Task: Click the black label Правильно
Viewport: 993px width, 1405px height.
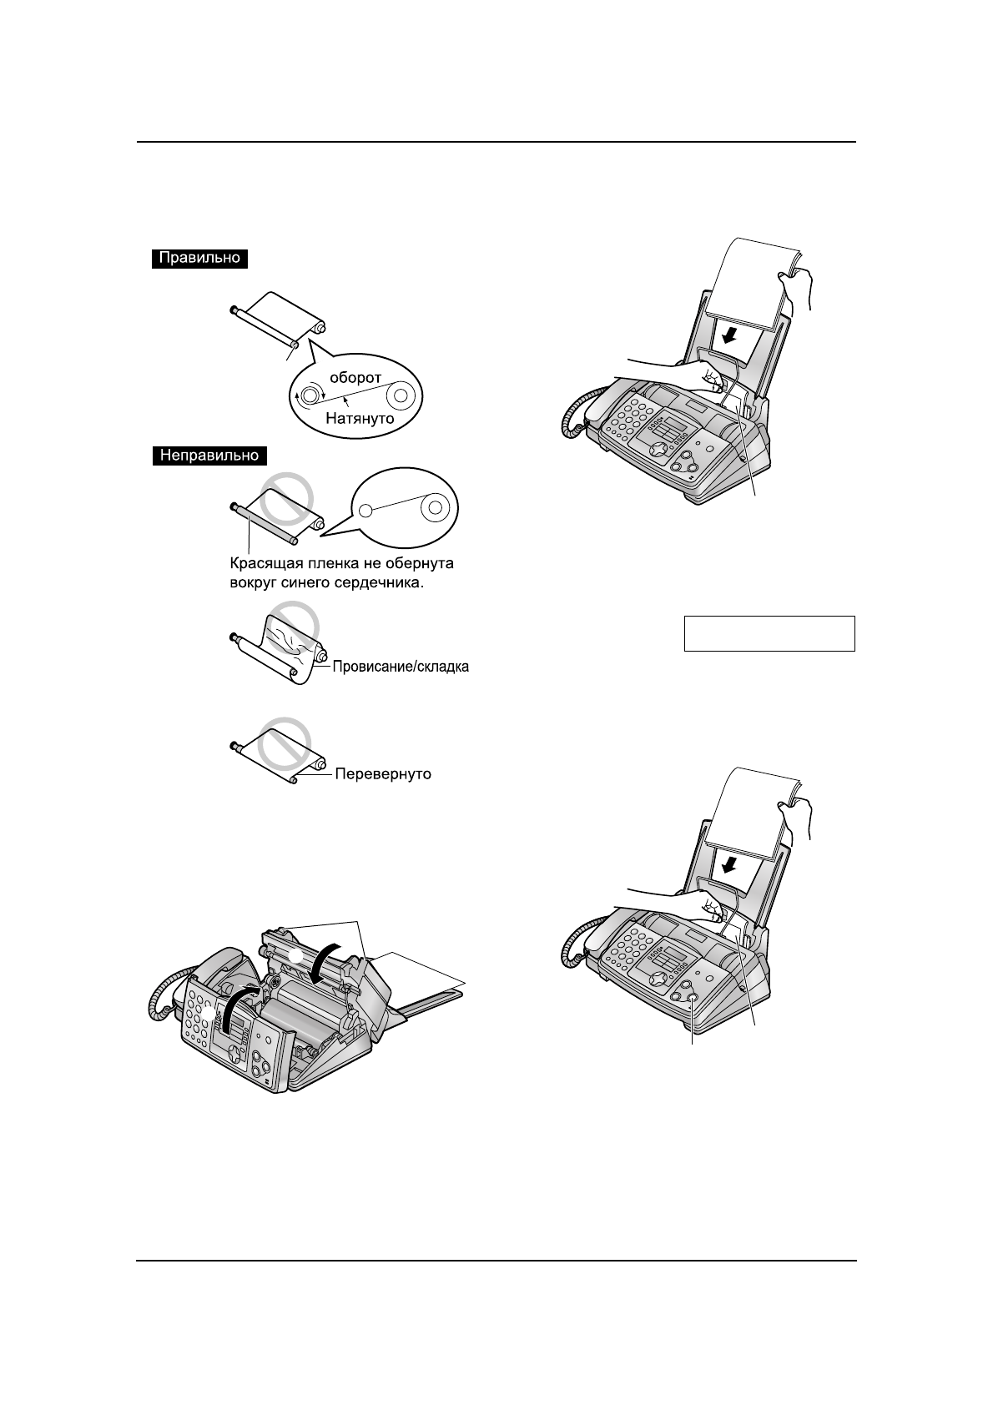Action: (x=200, y=259)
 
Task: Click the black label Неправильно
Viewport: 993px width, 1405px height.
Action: (x=209, y=456)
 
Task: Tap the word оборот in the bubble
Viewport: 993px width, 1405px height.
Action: (x=354, y=377)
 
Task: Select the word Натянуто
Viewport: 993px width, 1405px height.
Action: (x=360, y=419)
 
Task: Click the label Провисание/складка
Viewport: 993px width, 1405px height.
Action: (x=401, y=667)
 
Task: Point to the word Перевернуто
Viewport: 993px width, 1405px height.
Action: (x=383, y=774)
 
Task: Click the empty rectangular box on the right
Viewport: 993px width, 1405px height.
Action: (x=769, y=633)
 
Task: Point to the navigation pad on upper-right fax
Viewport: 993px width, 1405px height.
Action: (x=659, y=450)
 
